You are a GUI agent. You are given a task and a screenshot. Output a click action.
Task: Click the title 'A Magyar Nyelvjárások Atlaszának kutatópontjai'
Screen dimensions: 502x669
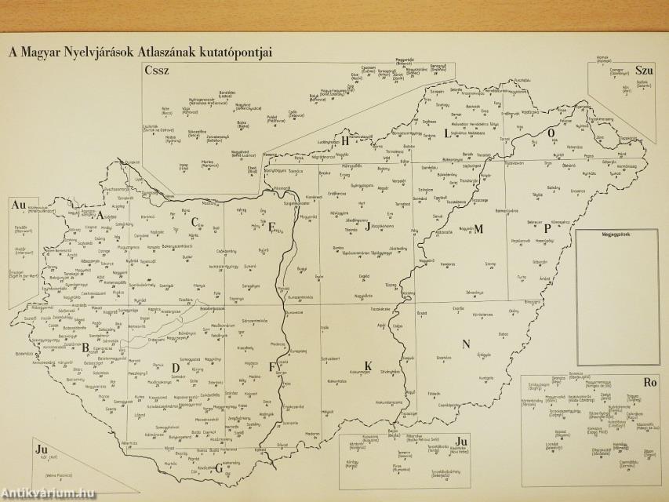tap(140, 53)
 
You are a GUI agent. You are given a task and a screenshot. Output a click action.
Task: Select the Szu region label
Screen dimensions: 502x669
tap(645, 70)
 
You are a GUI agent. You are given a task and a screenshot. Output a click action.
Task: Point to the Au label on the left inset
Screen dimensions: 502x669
tap(19, 205)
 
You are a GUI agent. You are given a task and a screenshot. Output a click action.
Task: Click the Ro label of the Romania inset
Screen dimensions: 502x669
tap(649, 384)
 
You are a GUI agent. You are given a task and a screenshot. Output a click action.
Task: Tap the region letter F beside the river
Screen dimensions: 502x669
tap(272, 366)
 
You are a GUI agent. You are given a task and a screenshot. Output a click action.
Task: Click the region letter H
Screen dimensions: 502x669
tap(345, 141)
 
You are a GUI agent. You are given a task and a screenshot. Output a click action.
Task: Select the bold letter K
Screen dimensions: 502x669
tap(368, 364)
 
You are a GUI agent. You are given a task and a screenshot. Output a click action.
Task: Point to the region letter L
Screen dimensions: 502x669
tap(447, 133)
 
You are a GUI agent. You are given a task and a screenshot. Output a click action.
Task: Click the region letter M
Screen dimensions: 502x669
tap(478, 229)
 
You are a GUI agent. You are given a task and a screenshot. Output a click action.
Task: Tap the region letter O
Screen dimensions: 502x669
tap(551, 134)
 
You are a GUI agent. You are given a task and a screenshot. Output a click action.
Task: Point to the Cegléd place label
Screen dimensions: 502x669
tap(363, 276)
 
